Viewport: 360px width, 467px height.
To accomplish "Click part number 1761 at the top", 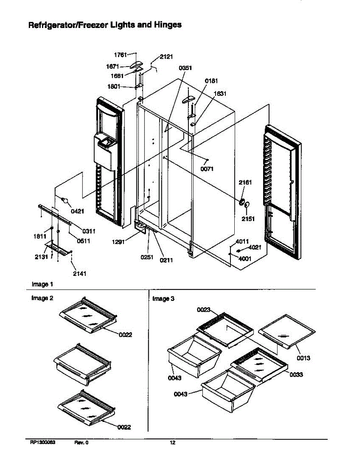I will click(121, 54).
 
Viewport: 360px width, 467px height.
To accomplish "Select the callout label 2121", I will click(166, 57).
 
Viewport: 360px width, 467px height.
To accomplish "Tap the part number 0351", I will click(185, 68).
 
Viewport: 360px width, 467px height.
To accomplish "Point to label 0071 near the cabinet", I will click(207, 169).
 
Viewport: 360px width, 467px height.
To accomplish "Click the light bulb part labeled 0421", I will click(65, 201).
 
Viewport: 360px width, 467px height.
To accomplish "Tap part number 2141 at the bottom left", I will click(79, 274).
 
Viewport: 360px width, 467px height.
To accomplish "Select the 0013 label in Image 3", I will click(303, 358).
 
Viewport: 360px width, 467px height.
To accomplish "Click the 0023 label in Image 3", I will click(204, 310).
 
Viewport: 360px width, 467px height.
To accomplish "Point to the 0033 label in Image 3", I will click(296, 374).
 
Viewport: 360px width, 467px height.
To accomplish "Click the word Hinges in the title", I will click(167, 25).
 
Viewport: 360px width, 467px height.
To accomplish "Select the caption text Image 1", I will click(40, 284).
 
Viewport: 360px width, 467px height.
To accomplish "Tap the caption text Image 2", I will click(42, 298).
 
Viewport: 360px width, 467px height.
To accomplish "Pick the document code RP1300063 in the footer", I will click(43, 442).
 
